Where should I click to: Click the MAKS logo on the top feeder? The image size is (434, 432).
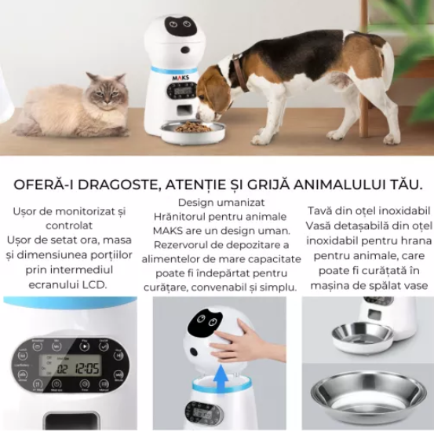(181, 76)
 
